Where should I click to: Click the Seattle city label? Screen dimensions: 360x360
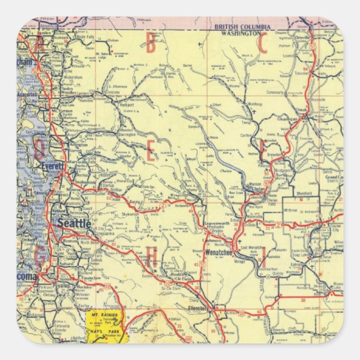click(74, 223)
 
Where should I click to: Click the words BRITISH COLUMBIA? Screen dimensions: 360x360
click(243, 26)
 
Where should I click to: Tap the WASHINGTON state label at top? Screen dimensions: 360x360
click(243, 32)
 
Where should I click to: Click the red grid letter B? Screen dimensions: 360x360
click(150, 46)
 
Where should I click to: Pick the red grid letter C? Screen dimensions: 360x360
click(263, 45)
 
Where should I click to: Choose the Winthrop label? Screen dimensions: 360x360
click(254, 104)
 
